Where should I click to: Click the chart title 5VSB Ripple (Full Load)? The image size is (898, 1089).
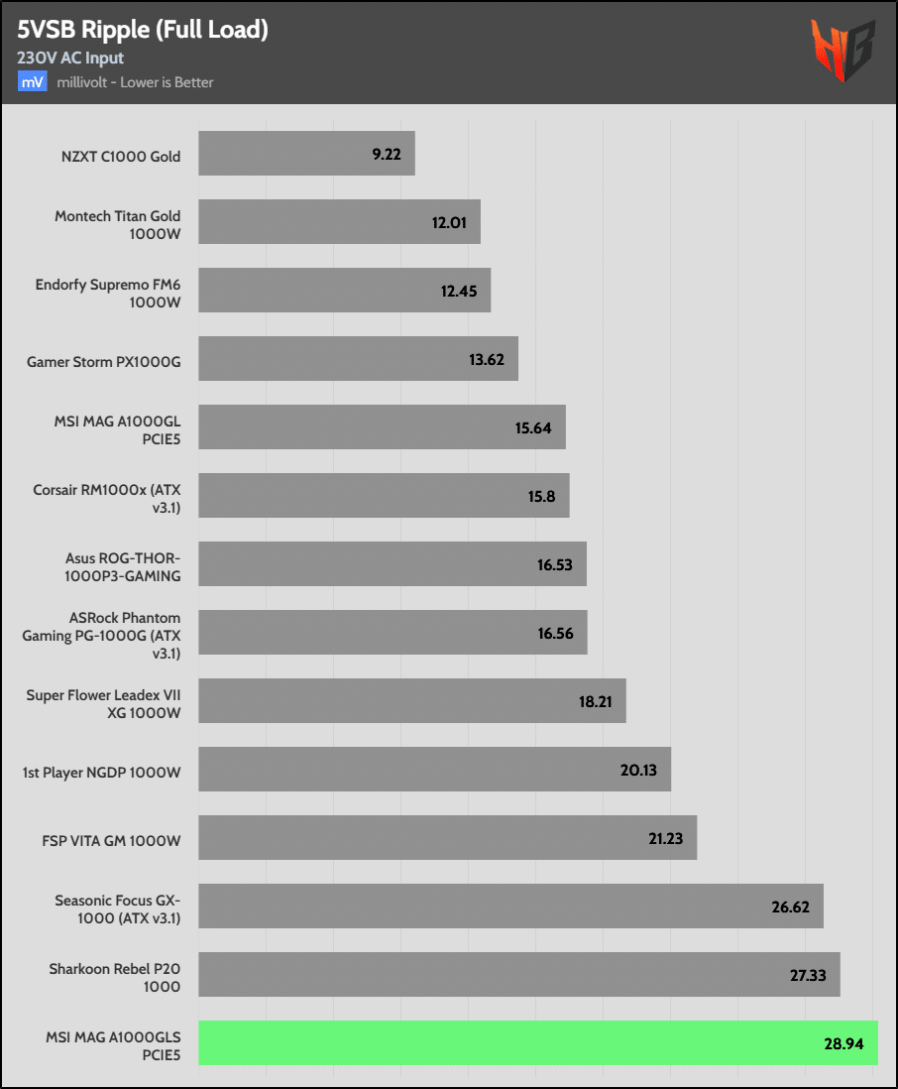click(143, 31)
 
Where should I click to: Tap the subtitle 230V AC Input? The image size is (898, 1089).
click(70, 59)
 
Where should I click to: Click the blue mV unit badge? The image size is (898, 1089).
click(32, 82)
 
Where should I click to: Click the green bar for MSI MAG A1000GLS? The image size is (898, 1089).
click(538, 1042)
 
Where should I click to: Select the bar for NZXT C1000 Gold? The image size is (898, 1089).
click(306, 154)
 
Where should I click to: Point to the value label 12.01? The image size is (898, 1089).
click(449, 222)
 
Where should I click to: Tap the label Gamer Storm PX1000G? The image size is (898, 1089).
click(104, 360)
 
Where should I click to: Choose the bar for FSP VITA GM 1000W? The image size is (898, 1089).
click(447, 838)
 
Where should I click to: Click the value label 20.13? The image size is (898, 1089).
click(639, 771)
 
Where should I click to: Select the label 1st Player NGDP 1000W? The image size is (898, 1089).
click(102, 771)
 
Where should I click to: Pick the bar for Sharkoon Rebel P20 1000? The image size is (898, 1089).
click(518, 975)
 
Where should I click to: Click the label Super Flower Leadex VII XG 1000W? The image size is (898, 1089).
click(104, 702)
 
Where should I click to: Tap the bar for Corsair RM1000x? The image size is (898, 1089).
click(384, 495)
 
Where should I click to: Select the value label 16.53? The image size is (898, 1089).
click(555, 564)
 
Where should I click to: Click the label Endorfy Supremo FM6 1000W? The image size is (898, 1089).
click(108, 292)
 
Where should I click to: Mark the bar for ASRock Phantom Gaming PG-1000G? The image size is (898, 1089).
click(393, 633)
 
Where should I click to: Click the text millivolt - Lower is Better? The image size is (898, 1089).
click(135, 82)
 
